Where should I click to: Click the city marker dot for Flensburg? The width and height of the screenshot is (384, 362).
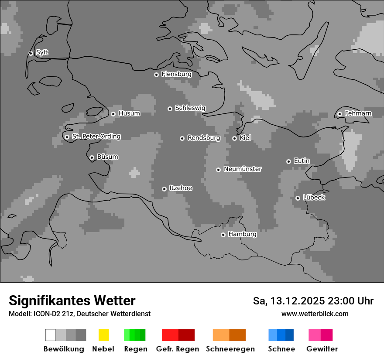[156, 75]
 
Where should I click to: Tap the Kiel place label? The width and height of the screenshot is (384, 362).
[245, 138]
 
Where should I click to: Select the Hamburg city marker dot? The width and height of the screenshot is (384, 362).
[223, 235]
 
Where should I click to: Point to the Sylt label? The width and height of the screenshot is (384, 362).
[42, 53]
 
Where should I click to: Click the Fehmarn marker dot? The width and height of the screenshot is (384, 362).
[339, 114]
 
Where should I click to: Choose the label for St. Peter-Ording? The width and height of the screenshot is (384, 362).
[96, 137]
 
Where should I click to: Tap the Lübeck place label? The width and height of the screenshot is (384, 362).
[314, 198]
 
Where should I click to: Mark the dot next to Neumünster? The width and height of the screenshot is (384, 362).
[218, 170]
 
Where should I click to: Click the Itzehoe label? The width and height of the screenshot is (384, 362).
[181, 188]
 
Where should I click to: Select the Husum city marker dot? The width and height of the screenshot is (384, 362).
[113, 114]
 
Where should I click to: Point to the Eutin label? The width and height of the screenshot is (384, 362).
[302, 161]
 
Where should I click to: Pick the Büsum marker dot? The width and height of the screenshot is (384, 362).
[92, 157]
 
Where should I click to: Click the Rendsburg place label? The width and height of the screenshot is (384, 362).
[204, 138]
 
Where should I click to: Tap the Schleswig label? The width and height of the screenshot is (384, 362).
[190, 108]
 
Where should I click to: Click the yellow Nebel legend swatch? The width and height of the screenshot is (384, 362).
[103, 335]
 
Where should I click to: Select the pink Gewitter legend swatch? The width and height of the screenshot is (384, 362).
[315, 335]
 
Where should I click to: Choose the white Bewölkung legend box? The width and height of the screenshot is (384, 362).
[51, 335]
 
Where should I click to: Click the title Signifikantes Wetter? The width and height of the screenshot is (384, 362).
[72, 301]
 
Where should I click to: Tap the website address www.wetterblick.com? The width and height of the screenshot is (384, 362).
[315, 314]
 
